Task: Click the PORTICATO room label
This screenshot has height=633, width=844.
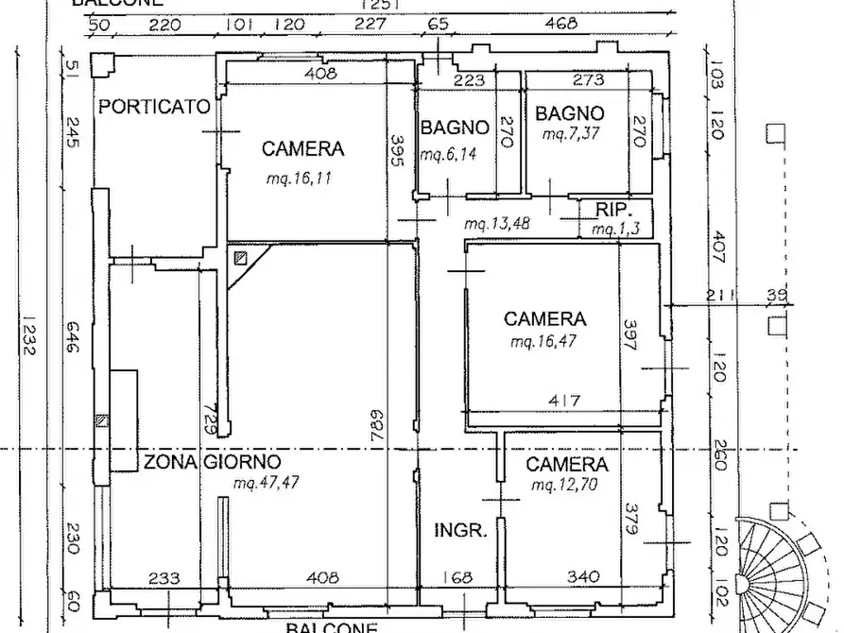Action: click(155, 107)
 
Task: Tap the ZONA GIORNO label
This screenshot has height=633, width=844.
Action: click(212, 462)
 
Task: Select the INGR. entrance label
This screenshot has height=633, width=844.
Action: click(461, 530)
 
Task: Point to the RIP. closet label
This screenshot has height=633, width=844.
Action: click(612, 210)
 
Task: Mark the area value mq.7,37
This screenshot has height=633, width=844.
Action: click(571, 135)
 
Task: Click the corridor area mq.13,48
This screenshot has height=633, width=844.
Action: click(495, 224)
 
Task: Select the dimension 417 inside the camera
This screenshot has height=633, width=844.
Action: click(565, 401)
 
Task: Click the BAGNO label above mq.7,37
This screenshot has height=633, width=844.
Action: click(569, 114)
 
